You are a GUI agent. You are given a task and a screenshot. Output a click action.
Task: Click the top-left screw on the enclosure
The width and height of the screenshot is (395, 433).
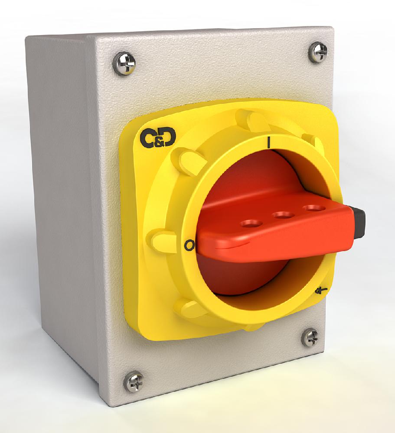coord(124,64)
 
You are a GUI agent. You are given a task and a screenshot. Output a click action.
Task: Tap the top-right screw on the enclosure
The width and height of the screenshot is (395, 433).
coord(319,52)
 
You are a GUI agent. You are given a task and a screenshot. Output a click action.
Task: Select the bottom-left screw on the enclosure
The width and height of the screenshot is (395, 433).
coord(134,381)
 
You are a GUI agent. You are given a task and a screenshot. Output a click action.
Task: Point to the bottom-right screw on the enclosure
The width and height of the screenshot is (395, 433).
coord(310,338)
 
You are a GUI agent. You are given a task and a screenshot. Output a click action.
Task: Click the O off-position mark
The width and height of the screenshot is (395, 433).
coord(188,246)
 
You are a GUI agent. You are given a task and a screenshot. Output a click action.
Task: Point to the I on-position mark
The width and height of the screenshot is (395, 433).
coord(270,142)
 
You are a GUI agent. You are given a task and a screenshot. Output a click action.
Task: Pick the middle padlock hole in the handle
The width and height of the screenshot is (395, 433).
coord(282,215)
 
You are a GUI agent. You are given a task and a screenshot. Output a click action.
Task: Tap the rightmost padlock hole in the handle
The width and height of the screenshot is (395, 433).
coord(312,208)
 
